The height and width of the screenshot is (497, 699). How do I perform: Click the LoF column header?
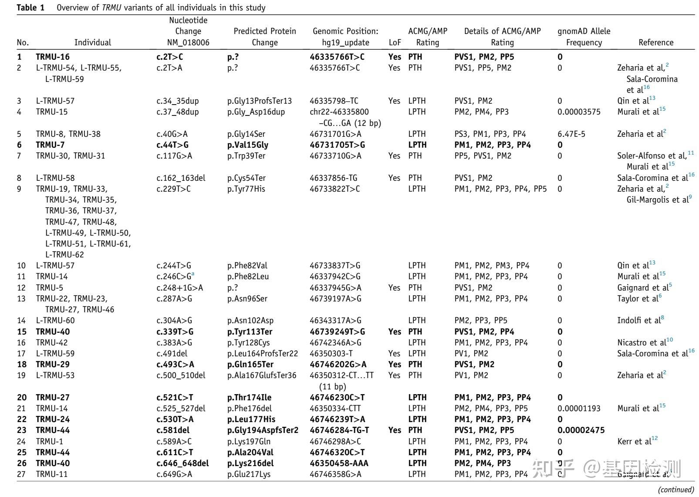(394, 42)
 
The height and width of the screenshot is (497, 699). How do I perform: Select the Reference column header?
(655, 42)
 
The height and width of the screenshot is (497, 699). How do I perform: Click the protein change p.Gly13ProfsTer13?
(260, 101)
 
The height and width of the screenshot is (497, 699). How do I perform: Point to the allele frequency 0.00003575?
(579, 112)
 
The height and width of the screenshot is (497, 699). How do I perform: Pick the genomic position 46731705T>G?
(337, 145)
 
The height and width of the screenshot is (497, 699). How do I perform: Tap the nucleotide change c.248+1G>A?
(179, 287)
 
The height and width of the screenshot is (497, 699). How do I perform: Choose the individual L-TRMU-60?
(55, 320)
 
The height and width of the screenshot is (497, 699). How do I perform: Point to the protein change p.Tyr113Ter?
(250, 331)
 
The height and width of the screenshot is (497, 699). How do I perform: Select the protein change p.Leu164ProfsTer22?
(263, 353)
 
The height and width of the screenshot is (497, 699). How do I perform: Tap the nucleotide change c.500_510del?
(181, 375)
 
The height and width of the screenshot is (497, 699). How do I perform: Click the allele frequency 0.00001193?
(579, 408)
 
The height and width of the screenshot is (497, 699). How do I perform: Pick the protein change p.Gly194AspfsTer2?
(263, 430)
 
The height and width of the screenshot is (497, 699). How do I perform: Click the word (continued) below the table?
(676, 489)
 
